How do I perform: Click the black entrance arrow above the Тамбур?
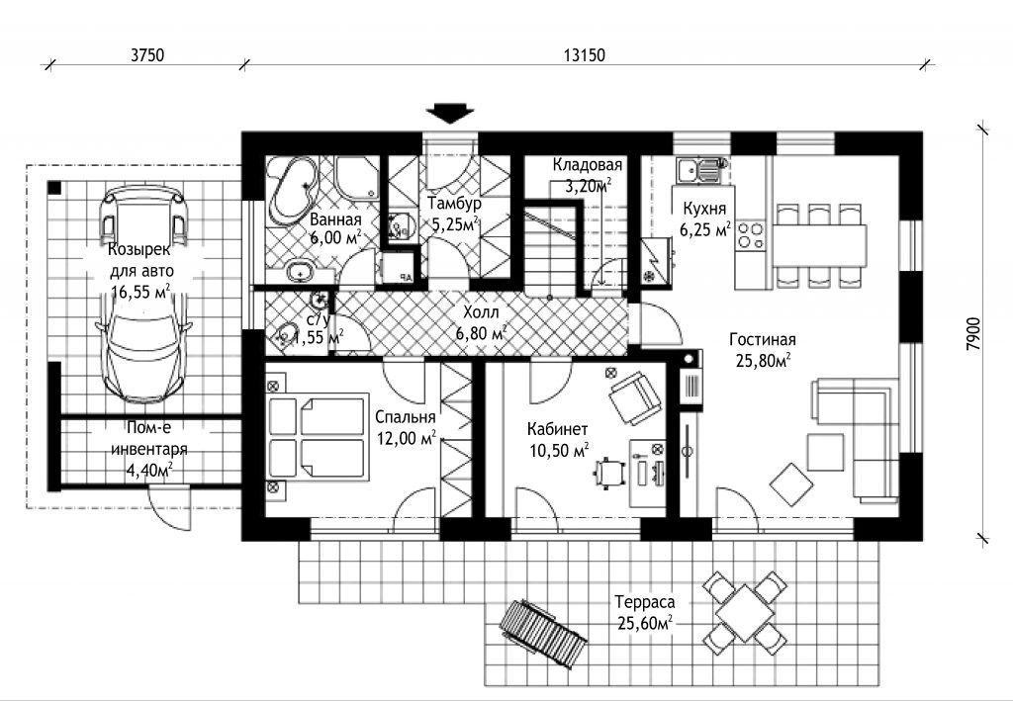pos(450,113)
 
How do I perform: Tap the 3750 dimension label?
pos(147,55)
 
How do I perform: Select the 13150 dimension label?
pos(584,55)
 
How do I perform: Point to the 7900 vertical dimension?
pos(973,334)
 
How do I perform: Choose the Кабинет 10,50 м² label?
pos(558,440)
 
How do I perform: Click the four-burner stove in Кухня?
pos(750,235)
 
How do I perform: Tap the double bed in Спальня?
pos(317,438)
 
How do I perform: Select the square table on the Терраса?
pos(745,606)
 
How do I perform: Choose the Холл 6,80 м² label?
pos(481,322)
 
